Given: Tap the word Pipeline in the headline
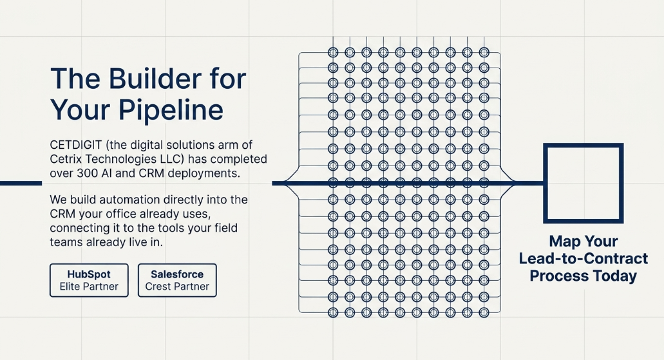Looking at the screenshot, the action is pyautogui.click(x=171, y=111).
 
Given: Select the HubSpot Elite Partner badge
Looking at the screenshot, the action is pyautogui.click(x=89, y=280).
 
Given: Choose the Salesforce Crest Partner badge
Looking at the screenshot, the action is pyautogui.click(x=177, y=280).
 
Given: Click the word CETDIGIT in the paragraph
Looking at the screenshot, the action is pyautogui.click(x=76, y=145).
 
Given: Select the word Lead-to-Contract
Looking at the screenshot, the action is pyautogui.click(x=583, y=258).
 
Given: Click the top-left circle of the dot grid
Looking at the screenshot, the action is pyautogui.click(x=333, y=53).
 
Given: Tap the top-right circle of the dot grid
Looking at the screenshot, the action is pyautogui.click(x=484, y=53).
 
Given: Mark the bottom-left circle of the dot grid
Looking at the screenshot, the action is pyautogui.click(x=333, y=312).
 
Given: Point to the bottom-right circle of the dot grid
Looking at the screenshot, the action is pyautogui.click(x=484, y=312).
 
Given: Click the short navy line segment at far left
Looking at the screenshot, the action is pyautogui.click(x=21, y=184).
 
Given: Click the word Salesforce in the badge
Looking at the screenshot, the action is pyautogui.click(x=177, y=274).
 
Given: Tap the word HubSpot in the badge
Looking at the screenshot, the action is pyautogui.click(x=89, y=274).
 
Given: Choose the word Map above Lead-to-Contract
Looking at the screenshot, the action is pyautogui.click(x=562, y=242).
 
